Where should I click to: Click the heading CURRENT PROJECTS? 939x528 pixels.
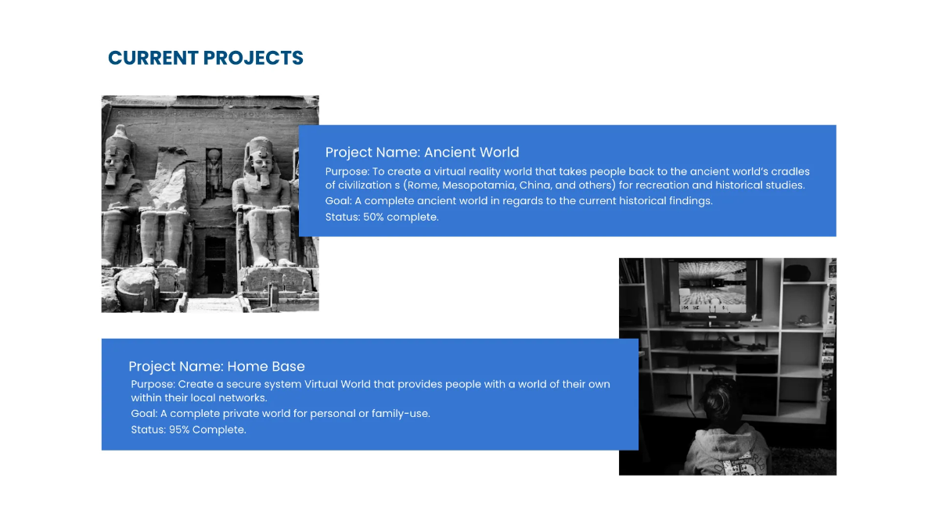tap(205, 58)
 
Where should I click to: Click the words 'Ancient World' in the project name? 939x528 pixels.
tap(471, 153)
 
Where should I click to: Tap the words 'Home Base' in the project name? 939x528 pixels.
tap(265, 366)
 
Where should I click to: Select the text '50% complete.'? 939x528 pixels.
tap(401, 217)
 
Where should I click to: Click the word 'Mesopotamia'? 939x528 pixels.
tap(479, 185)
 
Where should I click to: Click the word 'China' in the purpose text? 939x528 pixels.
tap(535, 185)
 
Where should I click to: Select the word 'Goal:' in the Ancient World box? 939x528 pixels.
tap(338, 201)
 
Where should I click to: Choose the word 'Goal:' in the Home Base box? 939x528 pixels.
tap(144, 413)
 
